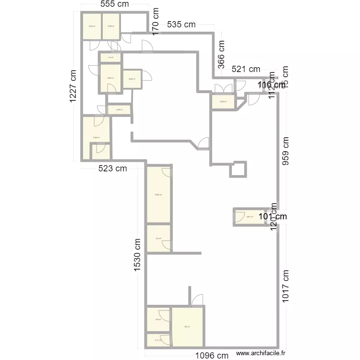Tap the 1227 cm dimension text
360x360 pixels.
point(72,86)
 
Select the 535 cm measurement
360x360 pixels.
point(181,24)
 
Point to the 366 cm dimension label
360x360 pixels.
point(221,54)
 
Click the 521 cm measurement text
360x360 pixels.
point(246,70)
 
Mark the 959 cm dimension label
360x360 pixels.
point(286,151)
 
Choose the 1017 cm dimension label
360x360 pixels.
point(286,286)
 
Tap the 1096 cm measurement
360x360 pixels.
point(212,356)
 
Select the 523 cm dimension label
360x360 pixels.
point(113,168)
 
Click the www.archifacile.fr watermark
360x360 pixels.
point(261,354)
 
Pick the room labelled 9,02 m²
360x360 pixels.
point(158,195)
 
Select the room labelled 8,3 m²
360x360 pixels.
point(187,327)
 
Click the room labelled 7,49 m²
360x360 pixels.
point(96,138)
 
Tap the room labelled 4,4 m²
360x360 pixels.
point(158,238)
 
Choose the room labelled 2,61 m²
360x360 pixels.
point(250,217)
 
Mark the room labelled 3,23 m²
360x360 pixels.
point(223,102)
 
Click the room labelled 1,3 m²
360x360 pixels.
point(110,58)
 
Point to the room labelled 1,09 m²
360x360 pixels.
point(119,110)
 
